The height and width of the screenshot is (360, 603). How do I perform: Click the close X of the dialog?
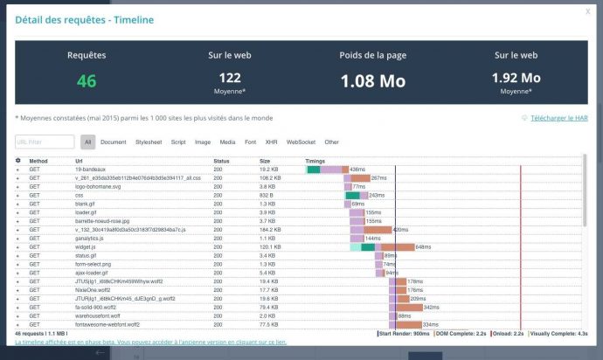[x=587, y=11]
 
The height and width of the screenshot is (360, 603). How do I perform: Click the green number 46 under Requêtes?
[x=87, y=80]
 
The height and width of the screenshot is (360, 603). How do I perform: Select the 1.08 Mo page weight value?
[x=372, y=80]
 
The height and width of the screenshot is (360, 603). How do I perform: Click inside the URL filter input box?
[x=45, y=142]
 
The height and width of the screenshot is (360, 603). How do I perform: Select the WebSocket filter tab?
[x=301, y=142]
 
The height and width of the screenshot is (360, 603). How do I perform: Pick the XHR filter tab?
[x=271, y=142]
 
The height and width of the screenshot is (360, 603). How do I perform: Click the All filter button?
[x=88, y=142]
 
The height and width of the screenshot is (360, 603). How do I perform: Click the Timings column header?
[x=315, y=161]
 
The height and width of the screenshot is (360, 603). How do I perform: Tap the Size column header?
[x=265, y=161]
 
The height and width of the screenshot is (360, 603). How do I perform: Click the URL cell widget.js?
[x=86, y=246]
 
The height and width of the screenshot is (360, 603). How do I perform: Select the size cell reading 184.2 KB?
[x=271, y=229]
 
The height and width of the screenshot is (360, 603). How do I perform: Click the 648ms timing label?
[x=423, y=247]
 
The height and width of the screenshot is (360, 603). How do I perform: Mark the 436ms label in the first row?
[x=357, y=169]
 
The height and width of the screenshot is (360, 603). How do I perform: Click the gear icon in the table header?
[x=18, y=161]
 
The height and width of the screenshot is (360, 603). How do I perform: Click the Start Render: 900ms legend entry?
[x=404, y=333]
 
